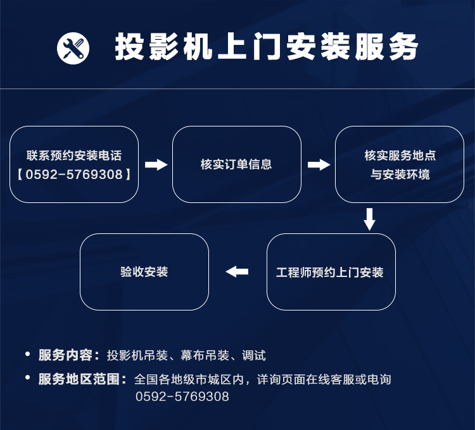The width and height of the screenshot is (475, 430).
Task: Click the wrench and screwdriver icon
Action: tap(73, 48)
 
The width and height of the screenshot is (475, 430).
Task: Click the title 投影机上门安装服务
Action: tap(267, 47)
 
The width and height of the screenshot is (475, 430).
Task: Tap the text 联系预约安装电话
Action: tap(74, 156)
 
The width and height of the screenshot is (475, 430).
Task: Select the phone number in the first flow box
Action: tap(74, 174)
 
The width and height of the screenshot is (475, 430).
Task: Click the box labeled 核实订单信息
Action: tap(237, 164)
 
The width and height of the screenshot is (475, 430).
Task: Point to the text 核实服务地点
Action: tap(400, 156)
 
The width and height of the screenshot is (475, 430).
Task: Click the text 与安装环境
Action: tap(400, 174)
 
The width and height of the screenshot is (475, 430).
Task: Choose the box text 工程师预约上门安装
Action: tap(329, 272)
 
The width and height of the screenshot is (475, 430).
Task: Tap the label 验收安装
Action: tap(144, 271)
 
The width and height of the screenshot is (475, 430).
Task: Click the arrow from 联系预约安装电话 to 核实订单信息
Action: tap(156, 165)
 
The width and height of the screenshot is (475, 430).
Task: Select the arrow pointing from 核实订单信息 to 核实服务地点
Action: tap(319, 165)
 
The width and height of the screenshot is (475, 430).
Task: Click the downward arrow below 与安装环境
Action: tap(369, 219)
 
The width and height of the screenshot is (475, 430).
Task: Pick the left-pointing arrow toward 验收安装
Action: tap(237, 271)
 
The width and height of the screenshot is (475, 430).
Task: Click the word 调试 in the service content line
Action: tap(254, 355)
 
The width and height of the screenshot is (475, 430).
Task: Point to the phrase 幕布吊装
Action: tap(205, 355)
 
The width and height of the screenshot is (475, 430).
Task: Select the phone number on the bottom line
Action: tap(182, 396)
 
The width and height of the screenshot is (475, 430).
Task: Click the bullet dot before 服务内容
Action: tap(28, 353)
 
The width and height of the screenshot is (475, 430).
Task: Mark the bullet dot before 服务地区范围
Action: tap(28, 378)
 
